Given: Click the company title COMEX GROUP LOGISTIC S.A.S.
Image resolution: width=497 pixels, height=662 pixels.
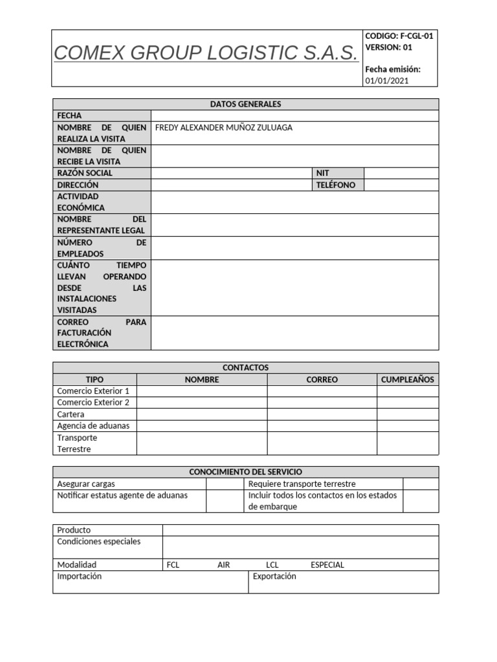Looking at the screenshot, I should [x=206, y=53].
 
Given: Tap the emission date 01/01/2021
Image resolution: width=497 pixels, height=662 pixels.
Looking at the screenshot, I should [x=387, y=81].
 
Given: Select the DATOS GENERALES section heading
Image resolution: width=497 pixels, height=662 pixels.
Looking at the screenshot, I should [x=245, y=104].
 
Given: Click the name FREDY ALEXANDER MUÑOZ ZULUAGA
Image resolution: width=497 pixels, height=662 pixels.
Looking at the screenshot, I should [x=224, y=127].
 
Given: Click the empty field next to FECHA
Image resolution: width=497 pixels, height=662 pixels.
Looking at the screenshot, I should [x=294, y=116].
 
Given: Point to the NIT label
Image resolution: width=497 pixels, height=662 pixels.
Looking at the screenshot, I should [x=322, y=173].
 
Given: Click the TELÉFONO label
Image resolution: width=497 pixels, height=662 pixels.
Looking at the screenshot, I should [x=336, y=185].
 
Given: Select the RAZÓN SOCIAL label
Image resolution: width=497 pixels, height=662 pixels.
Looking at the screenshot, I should [x=85, y=173].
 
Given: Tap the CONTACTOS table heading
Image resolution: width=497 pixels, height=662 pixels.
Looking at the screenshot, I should [x=245, y=367].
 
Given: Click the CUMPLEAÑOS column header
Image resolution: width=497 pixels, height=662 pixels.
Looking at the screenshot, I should [x=408, y=379].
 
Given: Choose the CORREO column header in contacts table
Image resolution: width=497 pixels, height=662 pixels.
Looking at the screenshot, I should [x=322, y=379].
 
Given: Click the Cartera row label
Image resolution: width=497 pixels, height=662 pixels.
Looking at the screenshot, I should [x=71, y=414].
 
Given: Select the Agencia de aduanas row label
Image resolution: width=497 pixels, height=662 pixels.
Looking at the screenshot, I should [x=93, y=426].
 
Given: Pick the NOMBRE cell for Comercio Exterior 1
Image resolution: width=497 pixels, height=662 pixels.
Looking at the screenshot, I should [x=202, y=391].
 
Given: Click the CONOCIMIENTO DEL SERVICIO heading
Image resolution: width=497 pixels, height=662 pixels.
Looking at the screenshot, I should [x=245, y=472].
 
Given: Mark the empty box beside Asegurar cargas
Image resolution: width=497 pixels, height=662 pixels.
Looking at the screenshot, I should [x=225, y=484].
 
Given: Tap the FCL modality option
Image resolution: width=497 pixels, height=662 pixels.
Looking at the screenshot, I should [x=173, y=564].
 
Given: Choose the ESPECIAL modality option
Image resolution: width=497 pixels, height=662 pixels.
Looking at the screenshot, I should [x=327, y=564].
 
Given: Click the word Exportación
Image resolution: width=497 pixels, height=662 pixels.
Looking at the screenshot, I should [x=274, y=576].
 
